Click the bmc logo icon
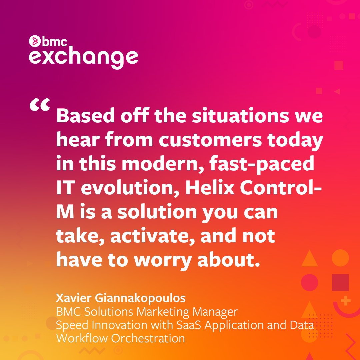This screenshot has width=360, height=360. coord(34,41)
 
